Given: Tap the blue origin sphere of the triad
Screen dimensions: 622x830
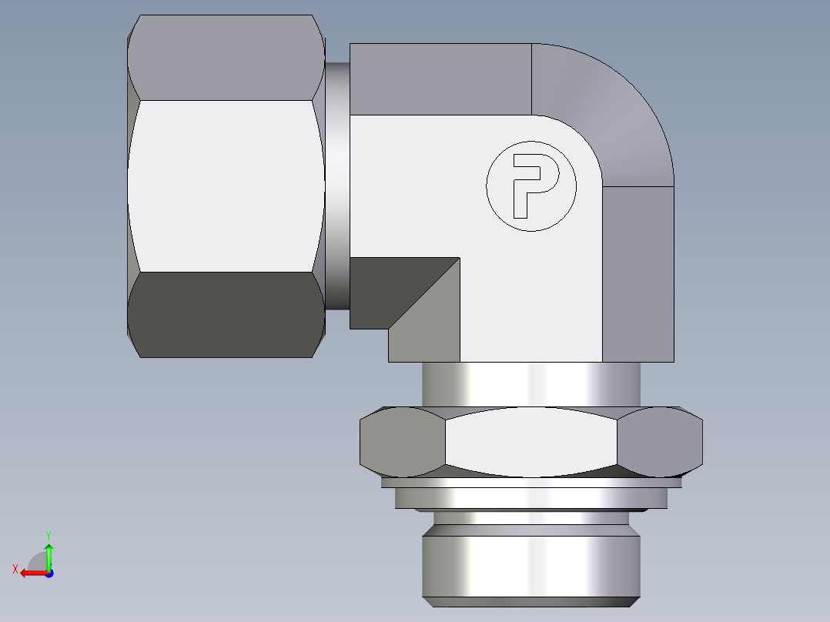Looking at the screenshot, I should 49,573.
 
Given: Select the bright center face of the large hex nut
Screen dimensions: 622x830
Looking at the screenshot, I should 225,186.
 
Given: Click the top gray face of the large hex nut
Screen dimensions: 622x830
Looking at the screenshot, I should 225,59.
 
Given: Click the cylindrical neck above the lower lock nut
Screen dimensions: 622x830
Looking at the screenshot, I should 531,383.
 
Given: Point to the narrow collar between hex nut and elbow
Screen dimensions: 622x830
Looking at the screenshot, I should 336,185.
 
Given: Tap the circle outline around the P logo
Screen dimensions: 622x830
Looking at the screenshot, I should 487,185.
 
